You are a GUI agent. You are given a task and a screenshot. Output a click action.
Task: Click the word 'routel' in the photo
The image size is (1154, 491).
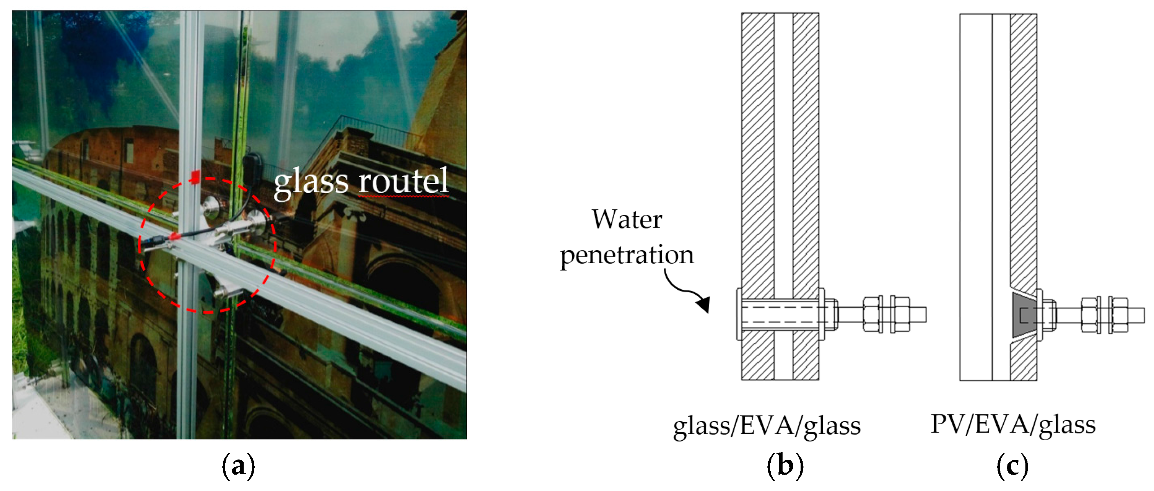[x=403, y=181]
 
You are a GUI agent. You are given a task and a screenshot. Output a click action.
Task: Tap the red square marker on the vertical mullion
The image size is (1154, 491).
[x=195, y=177]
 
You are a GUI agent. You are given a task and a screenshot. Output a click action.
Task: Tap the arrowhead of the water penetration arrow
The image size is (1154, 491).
[x=704, y=304]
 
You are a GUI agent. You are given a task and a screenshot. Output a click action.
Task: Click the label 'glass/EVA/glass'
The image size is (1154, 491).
[x=767, y=425]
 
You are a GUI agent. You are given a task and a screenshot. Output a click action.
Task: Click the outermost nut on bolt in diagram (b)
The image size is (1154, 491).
[x=900, y=314]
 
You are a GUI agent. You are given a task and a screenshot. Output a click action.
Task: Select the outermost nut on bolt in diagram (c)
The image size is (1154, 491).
[x=1118, y=315]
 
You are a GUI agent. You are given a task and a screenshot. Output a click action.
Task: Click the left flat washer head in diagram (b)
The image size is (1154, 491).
[x=739, y=314]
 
